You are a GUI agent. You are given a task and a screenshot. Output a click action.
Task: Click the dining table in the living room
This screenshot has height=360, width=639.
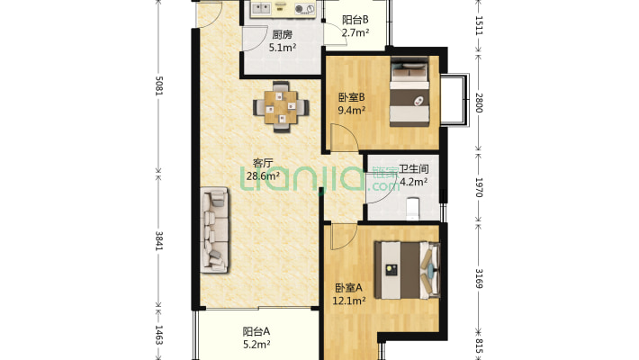point(281,107)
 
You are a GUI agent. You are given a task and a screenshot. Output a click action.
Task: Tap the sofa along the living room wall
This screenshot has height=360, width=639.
point(214,229)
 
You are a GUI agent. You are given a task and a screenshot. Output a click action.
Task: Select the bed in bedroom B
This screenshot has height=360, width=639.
point(409,91)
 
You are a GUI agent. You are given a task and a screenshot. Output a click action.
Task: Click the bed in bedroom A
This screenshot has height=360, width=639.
point(408,269)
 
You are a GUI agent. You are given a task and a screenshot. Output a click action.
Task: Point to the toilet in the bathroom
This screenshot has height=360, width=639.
point(413,208)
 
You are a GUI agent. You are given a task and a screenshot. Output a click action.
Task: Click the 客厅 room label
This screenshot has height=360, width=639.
point(263,163)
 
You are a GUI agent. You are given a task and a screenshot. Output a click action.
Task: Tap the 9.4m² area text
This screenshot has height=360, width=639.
point(351,110)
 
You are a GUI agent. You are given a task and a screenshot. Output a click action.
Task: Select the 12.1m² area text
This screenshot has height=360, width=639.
point(349,301)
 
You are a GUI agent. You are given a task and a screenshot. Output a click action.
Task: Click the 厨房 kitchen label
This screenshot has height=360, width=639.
point(282,35)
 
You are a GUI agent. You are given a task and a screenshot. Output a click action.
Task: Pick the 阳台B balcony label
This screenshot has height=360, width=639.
point(355,20)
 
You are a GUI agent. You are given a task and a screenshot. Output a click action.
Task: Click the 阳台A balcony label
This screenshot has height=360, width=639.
point(256,331)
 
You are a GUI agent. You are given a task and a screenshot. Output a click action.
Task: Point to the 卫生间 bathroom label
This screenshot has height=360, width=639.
point(413,168)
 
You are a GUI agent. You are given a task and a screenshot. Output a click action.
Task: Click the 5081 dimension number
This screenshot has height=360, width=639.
point(159,85)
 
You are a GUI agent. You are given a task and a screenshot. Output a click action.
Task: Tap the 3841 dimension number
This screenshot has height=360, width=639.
point(159,241)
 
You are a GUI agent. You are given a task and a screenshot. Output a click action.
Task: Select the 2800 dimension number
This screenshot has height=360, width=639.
point(479,103)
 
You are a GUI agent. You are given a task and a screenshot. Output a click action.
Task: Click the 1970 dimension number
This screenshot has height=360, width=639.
point(479,187)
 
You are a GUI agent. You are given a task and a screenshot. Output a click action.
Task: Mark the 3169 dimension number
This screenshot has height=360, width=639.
point(479,278)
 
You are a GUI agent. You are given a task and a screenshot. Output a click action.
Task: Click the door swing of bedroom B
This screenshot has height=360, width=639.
point(345,138)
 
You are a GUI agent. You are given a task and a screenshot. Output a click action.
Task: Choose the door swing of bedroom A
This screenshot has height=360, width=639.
point(344,237)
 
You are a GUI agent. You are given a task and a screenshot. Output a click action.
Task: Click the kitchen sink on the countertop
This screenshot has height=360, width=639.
point(261,8)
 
